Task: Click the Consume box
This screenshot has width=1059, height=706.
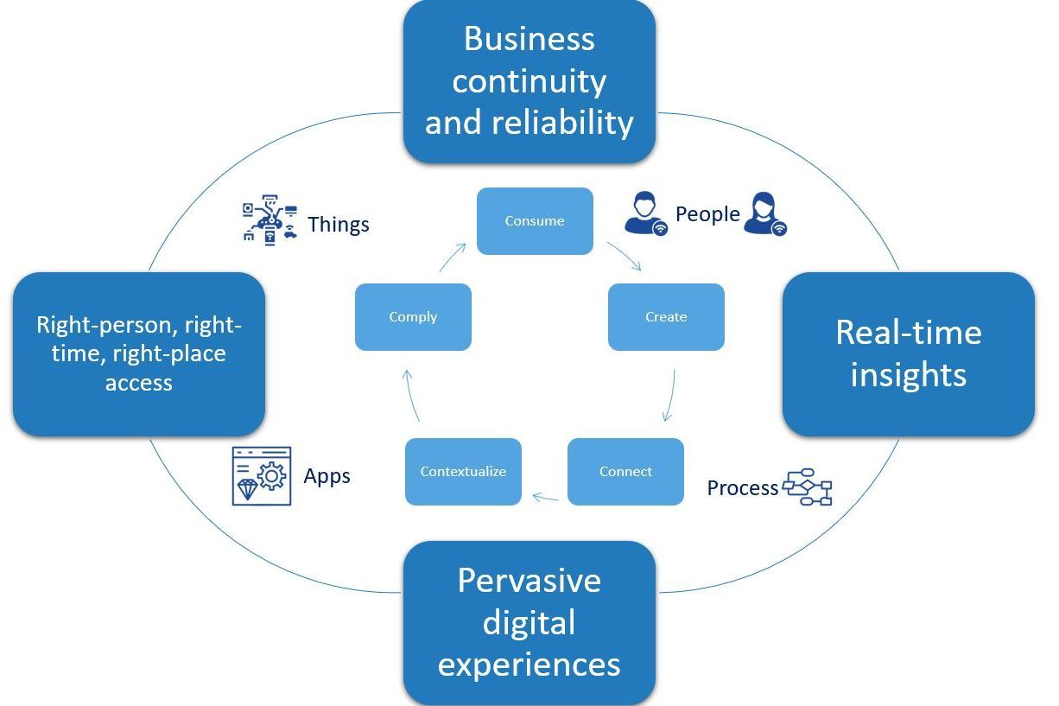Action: click(x=535, y=221)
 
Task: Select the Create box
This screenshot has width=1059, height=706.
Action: click(x=666, y=317)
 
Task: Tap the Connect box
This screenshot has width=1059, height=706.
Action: click(x=625, y=472)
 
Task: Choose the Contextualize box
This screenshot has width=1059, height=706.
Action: click(x=463, y=472)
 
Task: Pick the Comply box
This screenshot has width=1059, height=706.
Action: click(x=413, y=317)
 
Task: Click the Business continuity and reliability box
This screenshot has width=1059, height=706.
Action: click(x=529, y=81)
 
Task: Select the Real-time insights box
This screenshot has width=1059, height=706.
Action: click(x=908, y=354)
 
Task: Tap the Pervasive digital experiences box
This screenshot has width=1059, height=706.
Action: click(x=529, y=622)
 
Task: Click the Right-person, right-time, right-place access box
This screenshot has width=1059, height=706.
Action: click(x=139, y=354)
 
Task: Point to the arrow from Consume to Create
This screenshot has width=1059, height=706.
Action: click(x=624, y=257)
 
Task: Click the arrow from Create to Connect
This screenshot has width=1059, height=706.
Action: click(x=670, y=396)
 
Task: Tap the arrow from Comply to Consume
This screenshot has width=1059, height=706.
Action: click(x=453, y=258)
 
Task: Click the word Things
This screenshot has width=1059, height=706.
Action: click(x=338, y=225)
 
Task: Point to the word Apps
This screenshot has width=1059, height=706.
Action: click(x=327, y=476)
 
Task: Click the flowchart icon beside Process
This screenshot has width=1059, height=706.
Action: click(x=807, y=487)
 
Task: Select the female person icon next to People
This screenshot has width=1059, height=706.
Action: click(x=764, y=213)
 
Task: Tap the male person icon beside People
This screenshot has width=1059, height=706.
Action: click(x=645, y=214)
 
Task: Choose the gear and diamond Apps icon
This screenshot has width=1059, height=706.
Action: click(x=262, y=475)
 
